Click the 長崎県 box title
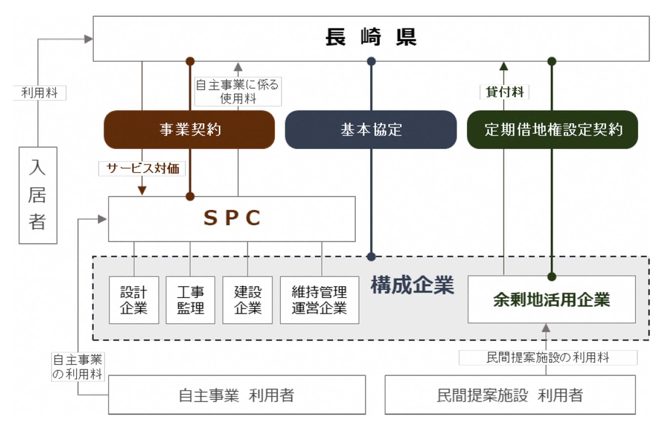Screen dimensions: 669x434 pos(371,37)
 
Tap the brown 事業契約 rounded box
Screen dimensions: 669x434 pos(190,130)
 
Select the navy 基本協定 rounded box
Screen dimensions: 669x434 pos(371,130)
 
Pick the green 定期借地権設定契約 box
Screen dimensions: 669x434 pos(552,130)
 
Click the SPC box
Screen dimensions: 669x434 pos(232,219)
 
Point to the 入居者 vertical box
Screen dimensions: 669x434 pos(38,195)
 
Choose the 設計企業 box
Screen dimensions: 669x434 pos(134,300)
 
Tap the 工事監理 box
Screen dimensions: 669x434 pos(191,300)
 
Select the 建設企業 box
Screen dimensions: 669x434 pos(247,300)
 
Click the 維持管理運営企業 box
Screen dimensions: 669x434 pos(320,300)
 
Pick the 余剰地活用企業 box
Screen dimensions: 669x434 pos(552,299)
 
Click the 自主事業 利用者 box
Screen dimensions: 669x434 pos(237,395)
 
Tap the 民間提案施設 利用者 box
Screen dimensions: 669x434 pos(510,395)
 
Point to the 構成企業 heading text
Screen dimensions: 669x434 pos(413,285)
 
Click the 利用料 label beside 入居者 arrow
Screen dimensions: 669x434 pos(39,93)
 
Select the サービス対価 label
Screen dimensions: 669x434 pos(142,168)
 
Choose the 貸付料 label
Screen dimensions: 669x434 pos(504,92)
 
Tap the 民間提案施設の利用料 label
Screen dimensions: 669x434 pos(548,358)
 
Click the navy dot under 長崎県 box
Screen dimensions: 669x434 pos(371,61)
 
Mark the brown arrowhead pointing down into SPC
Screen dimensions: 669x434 pos(142,191)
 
